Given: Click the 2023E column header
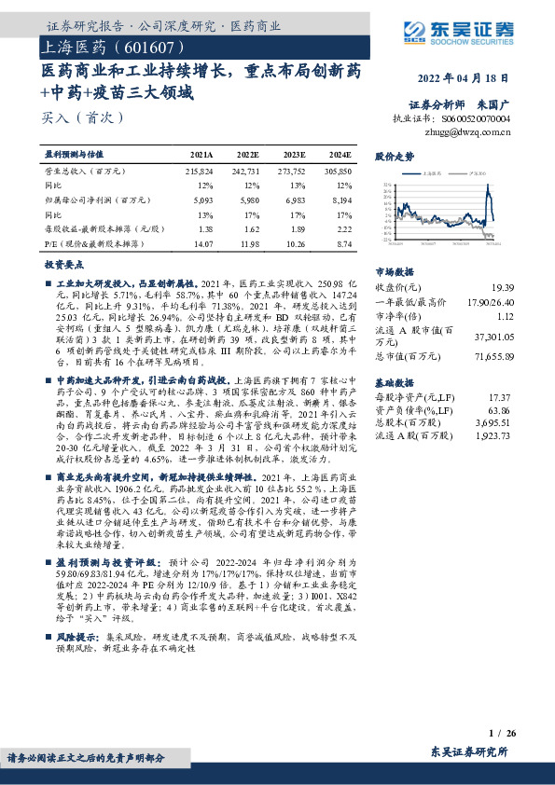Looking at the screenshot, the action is (294, 154).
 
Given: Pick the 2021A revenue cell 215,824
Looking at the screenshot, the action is (200, 172).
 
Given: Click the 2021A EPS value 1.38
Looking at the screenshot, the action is (206, 227).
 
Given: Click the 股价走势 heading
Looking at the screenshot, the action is (394, 156).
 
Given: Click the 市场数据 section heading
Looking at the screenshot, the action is (393, 272).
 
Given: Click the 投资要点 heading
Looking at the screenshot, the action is (64, 265).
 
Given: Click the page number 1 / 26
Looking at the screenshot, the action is (503, 735).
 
